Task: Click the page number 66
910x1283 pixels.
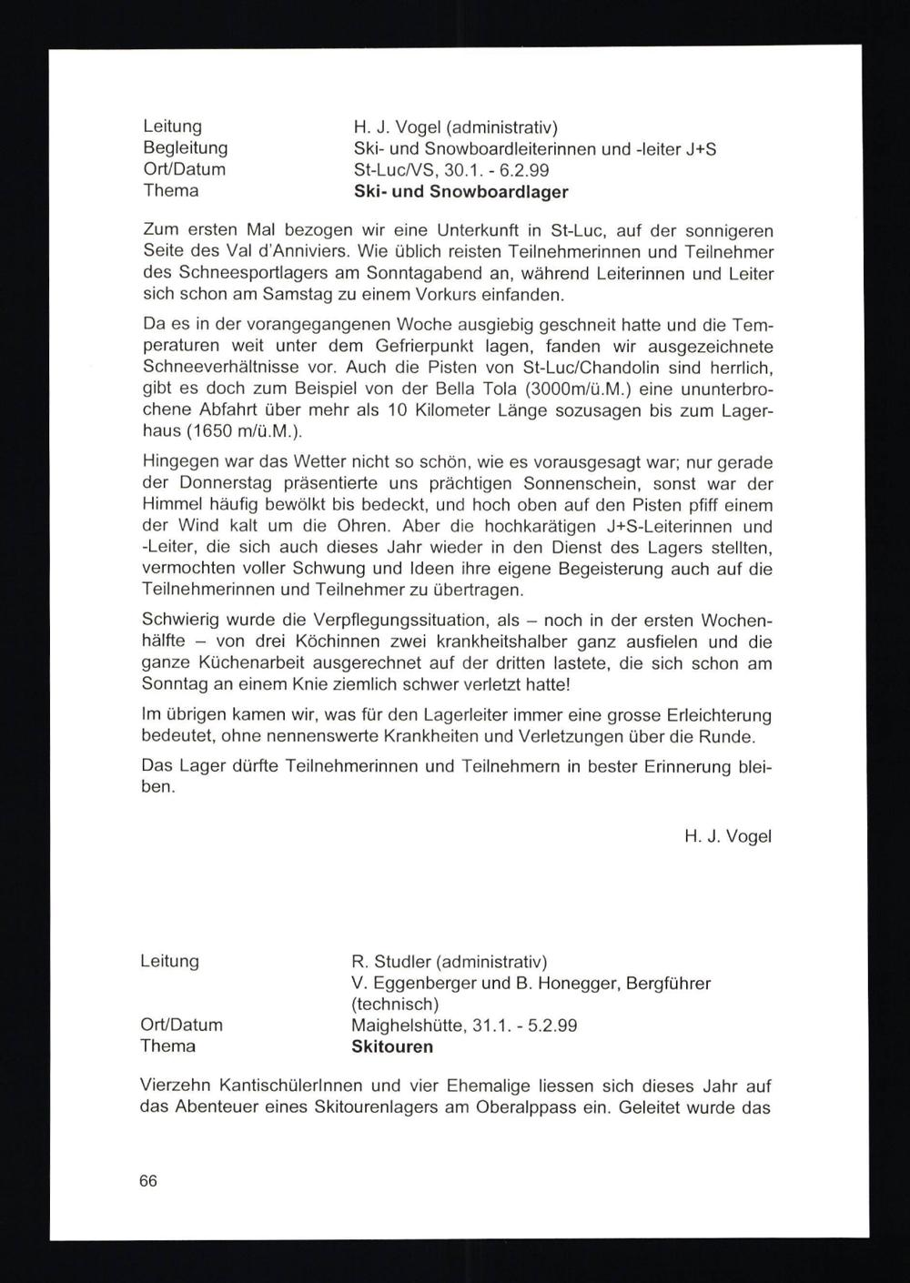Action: pos(149,1181)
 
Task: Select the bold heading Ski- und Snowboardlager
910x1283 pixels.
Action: pos(460,192)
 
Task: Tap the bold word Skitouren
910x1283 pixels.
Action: pos(392,1046)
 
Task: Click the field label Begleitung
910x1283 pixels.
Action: pos(186,147)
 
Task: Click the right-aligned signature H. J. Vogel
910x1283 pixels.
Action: pos(727,835)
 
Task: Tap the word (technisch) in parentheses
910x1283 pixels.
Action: pos(395,1005)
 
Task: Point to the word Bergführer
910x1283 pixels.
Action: pos(668,984)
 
